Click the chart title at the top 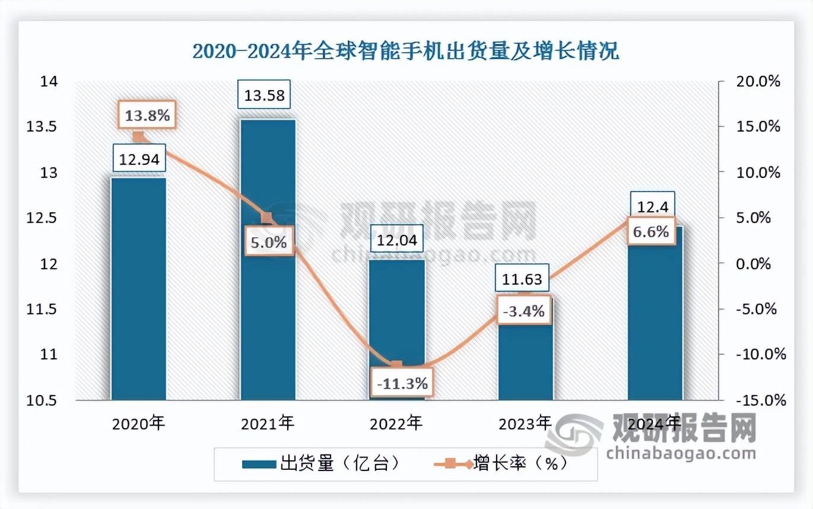point(406,52)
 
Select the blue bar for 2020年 point(138,291)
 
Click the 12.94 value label point(138,158)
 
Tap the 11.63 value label point(522,278)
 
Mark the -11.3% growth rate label point(401,383)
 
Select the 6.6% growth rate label point(650,231)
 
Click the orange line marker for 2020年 point(138,137)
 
